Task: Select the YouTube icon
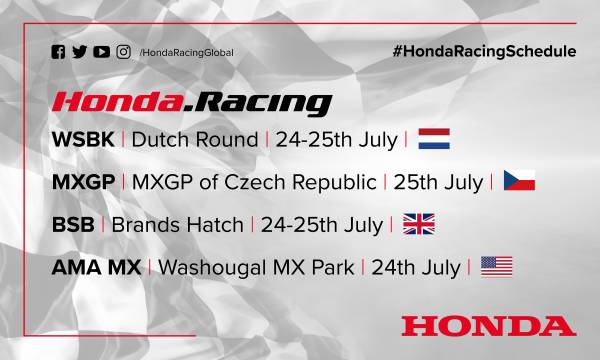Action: pyautogui.click(x=103, y=52)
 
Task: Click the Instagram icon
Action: pyautogui.click(x=123, y=52)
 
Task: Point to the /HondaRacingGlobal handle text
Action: pyautogui.click(x=183, y=53)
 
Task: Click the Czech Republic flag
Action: pyautogui.click(x=519, y=181)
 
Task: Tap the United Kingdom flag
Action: pyautogui.click(x=418, y=224)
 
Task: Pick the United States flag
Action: pyautogui.click(x=496, y=266)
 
